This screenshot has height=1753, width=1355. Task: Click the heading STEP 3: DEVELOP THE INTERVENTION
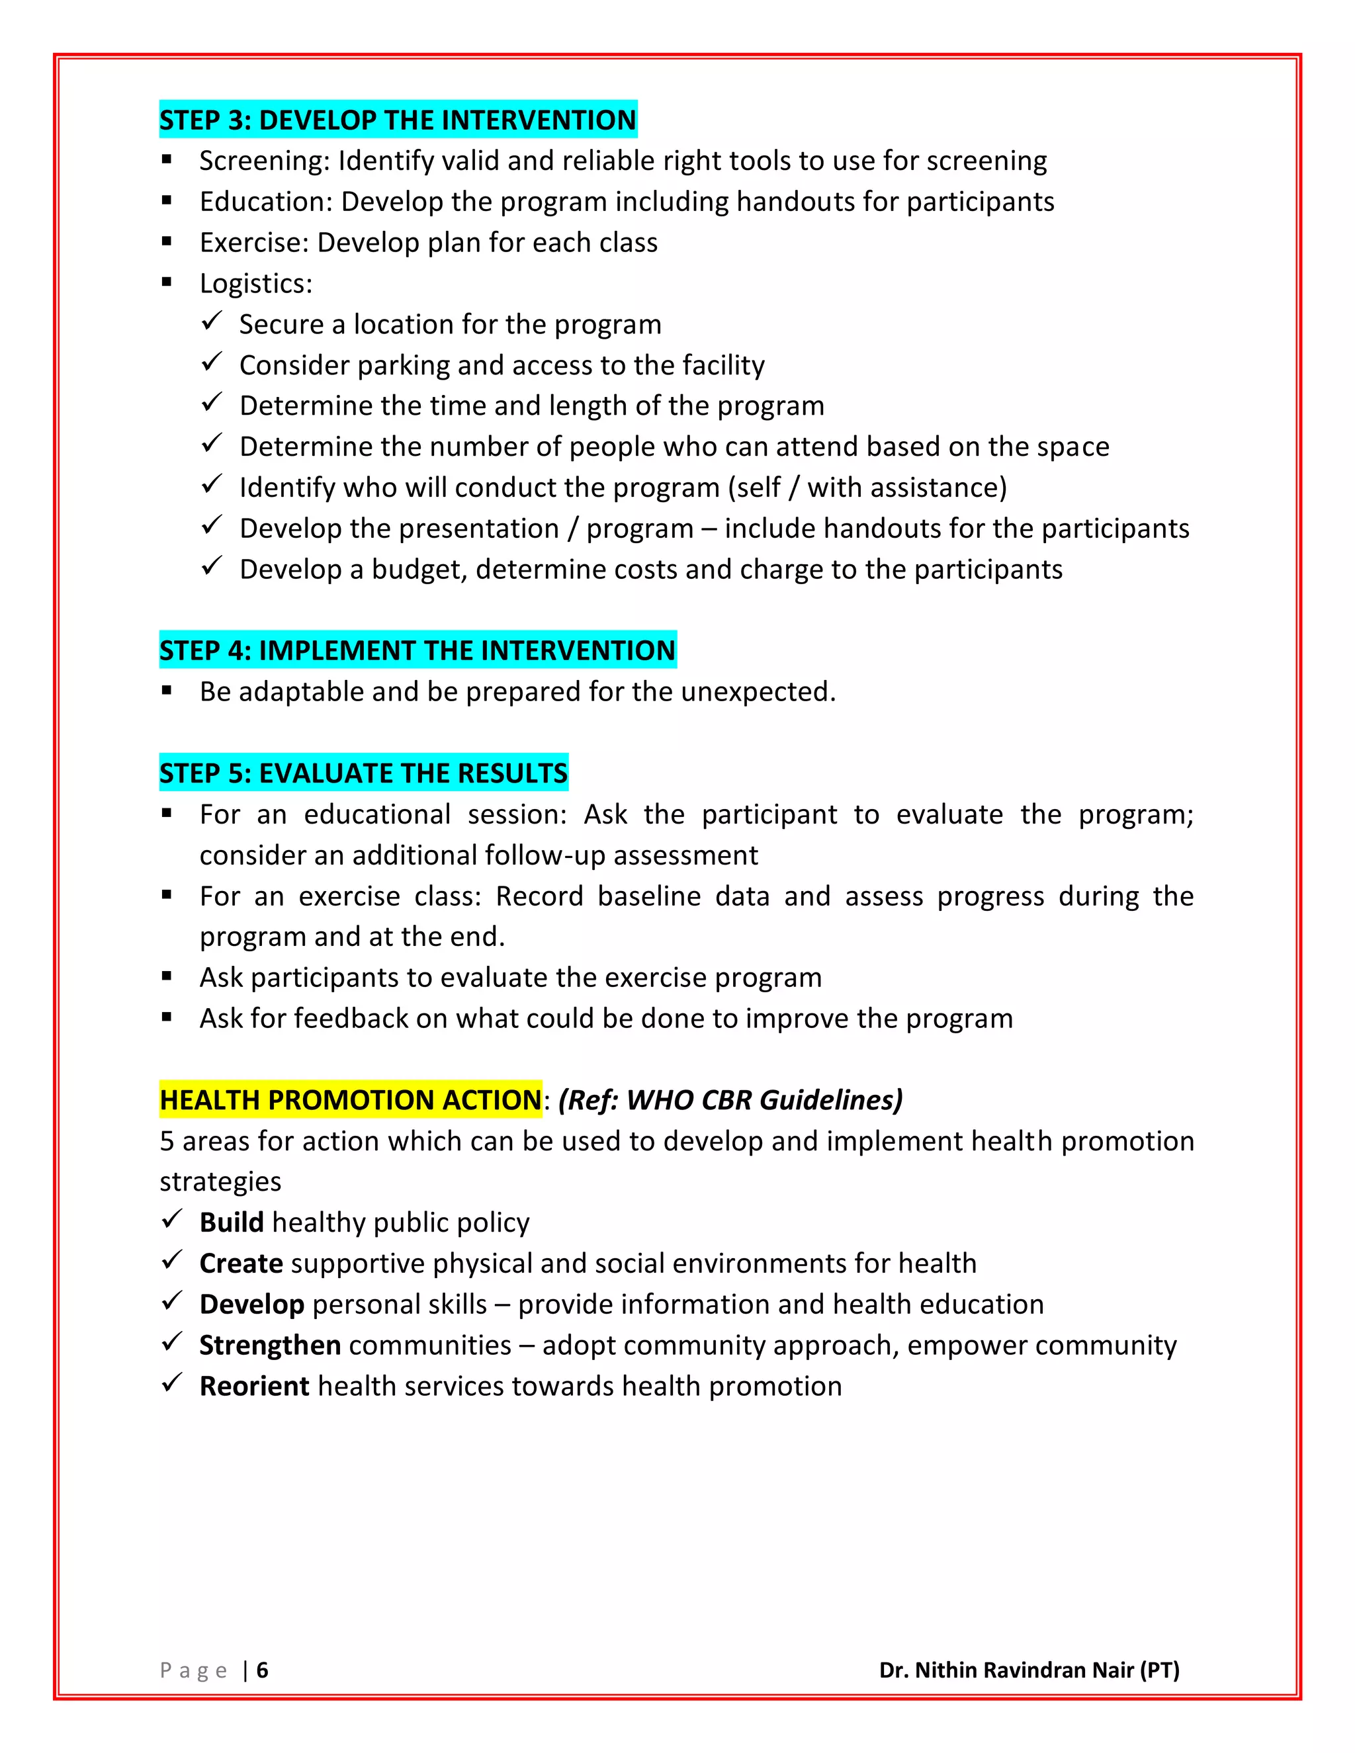click(398, 120)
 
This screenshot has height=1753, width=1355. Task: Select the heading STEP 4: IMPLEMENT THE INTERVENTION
click(417, 650)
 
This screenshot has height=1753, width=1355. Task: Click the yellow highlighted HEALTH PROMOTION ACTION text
click(350, 1099)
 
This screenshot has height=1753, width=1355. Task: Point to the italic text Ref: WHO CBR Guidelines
click(730, 1099)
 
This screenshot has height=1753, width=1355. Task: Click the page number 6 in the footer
click(263, 1670)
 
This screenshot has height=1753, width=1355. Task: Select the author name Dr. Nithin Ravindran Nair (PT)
click(1029, 1670)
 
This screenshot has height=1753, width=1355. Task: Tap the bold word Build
click(231, 1222)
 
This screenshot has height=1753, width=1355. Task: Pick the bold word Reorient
click(253, 1385)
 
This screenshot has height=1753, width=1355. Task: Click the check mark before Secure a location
click(211, 322)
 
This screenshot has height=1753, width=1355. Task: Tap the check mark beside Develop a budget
click(211, 567)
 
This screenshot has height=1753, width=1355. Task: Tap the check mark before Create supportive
click(172, 1261)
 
